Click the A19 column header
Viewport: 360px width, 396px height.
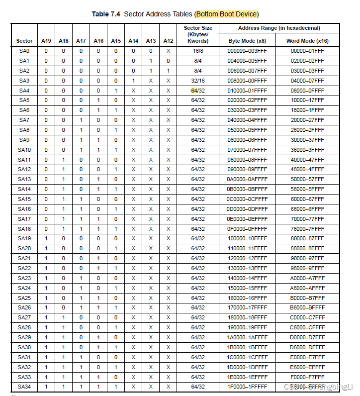46,41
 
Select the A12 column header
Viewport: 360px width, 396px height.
168,41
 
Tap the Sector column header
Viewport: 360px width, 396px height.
24,41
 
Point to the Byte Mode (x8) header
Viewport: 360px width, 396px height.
247,41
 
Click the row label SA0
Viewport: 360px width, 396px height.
24,51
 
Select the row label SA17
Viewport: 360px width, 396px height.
24,219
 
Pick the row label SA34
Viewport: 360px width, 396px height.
24,387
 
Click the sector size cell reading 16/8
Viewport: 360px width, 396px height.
198,51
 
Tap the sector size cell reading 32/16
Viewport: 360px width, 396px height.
198,81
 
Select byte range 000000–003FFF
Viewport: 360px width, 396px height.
247,51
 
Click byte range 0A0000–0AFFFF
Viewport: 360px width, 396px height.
247,179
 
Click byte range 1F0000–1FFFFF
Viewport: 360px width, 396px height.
247,387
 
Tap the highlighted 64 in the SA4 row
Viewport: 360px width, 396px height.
194,91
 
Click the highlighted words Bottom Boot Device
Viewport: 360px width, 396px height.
227,14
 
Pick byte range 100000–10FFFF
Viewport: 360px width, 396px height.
247,238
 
